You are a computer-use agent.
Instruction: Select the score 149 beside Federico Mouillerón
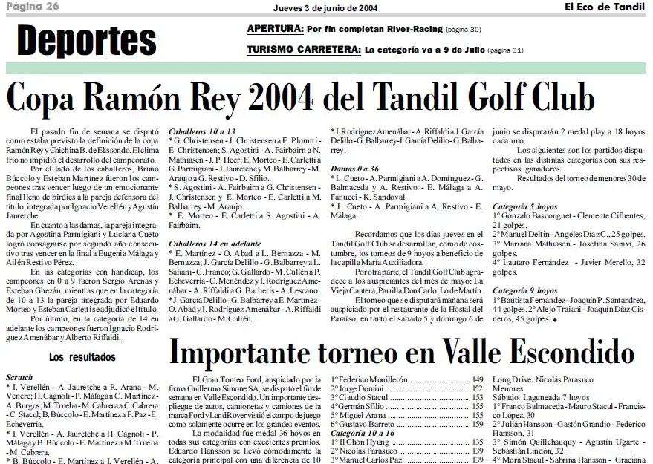[x=478, y=379]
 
